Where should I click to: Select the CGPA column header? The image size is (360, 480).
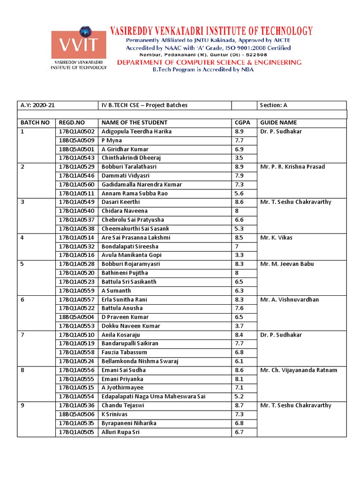click(x=242, y=123)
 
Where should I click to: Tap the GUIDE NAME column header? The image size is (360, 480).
click(x=278, y=123)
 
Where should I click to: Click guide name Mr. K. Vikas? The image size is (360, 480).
click(x=276, y=238)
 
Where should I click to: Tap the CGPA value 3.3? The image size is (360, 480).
click(x=239, y=255)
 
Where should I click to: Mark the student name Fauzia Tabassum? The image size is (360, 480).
click(x=124, y=352)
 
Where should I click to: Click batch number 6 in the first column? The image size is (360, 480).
click(x=22, y=300)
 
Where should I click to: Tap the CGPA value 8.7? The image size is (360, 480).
click(x=239, y=405)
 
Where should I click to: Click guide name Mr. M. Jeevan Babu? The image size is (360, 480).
click(x=285, y=264)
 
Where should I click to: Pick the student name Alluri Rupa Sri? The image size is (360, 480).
click(x=120, y=432)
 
